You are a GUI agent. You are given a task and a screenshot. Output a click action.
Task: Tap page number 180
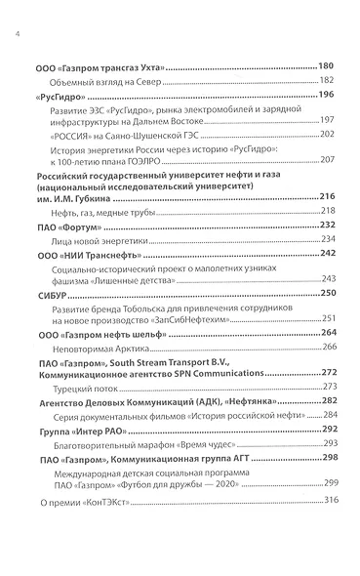click(326, 66)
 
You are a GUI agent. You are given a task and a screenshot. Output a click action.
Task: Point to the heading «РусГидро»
click(58, 96)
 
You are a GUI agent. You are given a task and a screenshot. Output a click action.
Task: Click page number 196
click(326, 95)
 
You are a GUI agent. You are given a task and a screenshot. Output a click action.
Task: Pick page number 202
click(328, 134)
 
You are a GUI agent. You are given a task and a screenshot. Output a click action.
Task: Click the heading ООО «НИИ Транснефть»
click(85, 254)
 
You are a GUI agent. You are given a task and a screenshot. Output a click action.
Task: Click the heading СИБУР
click(51, 293)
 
